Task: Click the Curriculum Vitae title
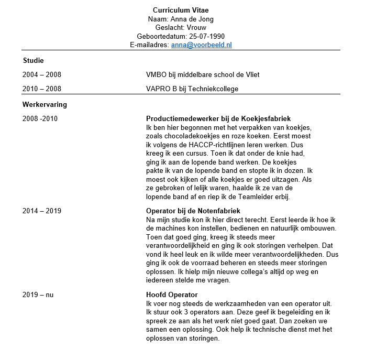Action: pyautogui.click(x=181, y=10)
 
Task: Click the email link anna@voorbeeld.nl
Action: pyautogui.click(x=201, y=45)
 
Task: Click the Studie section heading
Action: pyautogui.click(x=33, y=61)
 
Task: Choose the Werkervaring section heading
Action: pyautogui.click(x=45, y=105)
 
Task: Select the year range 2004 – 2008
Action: pyautogui.click(x=42, y=75)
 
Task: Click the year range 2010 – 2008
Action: pyautogui.click(x=42, y=89)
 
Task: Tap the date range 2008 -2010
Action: pyautogui.click(x=40, y=118)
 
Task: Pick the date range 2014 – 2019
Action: pyautogui.click(x=42, y=211)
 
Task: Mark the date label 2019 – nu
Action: pyautogui.click(x=38, y=295)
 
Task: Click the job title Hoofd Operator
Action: pyautogui.click(x=172, y=295)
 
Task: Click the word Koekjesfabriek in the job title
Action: pyautogui.click(x=266, y=118)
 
